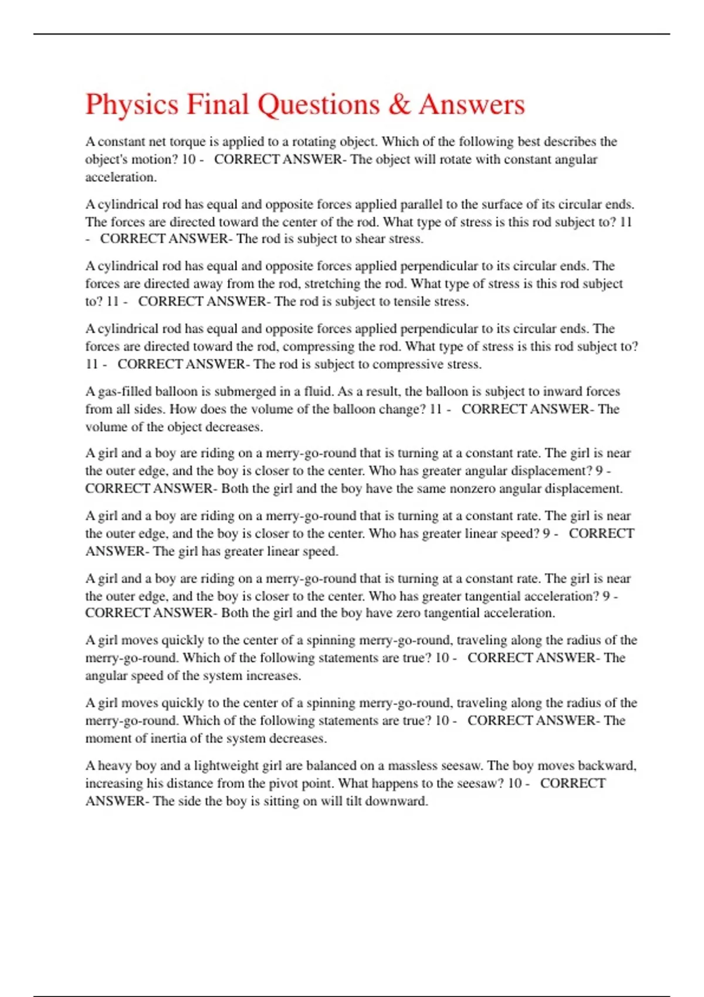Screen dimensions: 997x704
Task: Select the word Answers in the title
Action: [x=472, y=104]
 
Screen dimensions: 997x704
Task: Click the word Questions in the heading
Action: [x=319, y=105]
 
